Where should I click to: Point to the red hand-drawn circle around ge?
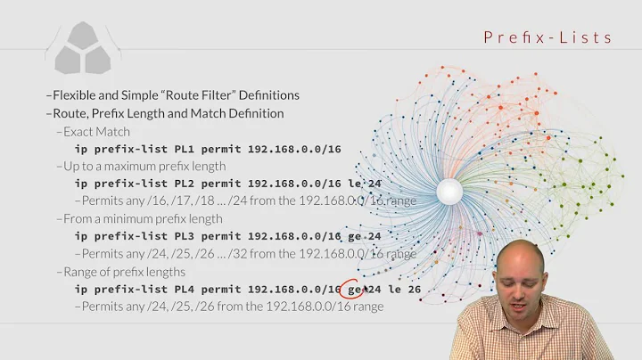[355, 290]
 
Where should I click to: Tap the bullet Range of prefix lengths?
[125, 272]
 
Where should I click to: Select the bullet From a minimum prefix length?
[143, 218]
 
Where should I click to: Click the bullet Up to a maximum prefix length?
[144, 166]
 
